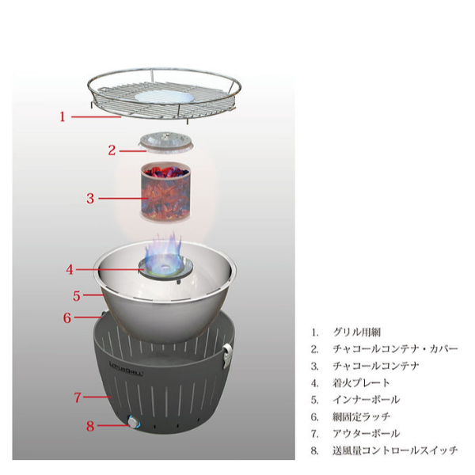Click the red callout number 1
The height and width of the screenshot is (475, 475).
[63, 116]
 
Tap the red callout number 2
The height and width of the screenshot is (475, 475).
[112, 150]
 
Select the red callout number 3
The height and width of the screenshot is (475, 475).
[90, 199]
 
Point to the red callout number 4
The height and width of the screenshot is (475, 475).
[70, 269]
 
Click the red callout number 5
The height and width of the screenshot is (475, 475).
[77, 295]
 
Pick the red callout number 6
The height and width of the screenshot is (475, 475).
[67, 317]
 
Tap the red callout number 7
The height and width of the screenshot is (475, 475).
[78, 397]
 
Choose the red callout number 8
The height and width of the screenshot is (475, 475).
[90, 426]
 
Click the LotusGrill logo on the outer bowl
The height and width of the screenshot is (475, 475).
[126, 369]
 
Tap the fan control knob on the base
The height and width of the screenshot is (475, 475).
[133, 422]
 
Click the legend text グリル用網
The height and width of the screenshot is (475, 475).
[357, 332]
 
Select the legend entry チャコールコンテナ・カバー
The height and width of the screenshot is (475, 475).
[395, 349]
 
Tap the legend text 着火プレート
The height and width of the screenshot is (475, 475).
[361, 383]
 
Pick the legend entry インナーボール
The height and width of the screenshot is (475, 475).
[367, 400]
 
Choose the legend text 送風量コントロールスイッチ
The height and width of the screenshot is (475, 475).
[395, 450]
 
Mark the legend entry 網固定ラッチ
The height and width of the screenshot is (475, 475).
[362, 417]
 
